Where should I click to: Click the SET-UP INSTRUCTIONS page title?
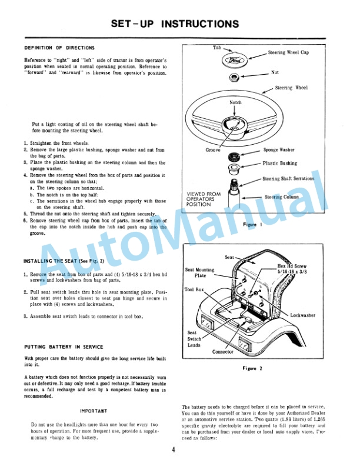point(175,24)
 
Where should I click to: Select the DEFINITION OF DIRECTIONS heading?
point(59,48)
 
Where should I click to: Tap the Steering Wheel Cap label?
point(288,53)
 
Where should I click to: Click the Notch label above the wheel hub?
point(235,102)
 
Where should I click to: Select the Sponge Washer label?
point(279,150)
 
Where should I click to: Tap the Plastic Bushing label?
point(280,164)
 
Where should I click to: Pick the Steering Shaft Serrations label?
point(288,178)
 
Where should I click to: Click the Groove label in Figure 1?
point(213,150)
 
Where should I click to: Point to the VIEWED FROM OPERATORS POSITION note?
point(204,198)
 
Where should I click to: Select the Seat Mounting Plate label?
point(199,272)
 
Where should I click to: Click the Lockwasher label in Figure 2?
point(303,315)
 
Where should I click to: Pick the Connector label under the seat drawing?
point(223,352)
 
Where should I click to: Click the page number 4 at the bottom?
point(174,451)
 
